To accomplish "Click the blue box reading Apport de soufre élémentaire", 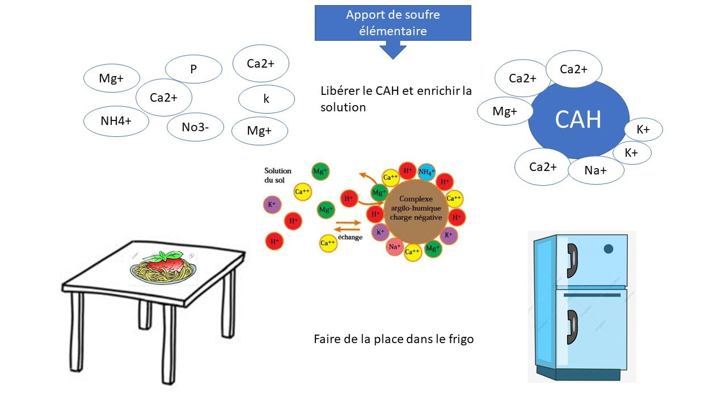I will coord(392,23).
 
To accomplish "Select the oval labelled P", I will coord(193,69).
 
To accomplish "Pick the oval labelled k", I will coord(266,99).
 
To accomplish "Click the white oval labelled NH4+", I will coord(116,121).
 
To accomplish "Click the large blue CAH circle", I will coord(578,120).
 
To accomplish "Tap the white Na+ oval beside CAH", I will coord(596,170).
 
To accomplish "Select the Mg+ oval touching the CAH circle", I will coord(504,111).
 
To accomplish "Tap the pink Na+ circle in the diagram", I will coord(395,247).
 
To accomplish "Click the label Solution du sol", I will coord(278,174).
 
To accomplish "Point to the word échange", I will coord(349,237).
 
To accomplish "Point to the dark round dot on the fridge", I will coord(608,248).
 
